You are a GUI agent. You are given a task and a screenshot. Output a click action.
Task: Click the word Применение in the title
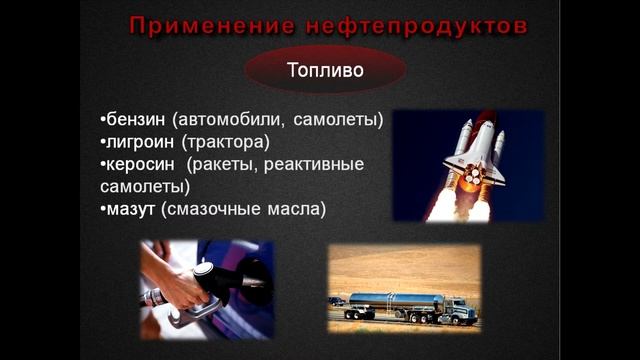click(203, 26)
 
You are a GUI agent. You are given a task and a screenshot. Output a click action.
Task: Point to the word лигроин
click(141, 142)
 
